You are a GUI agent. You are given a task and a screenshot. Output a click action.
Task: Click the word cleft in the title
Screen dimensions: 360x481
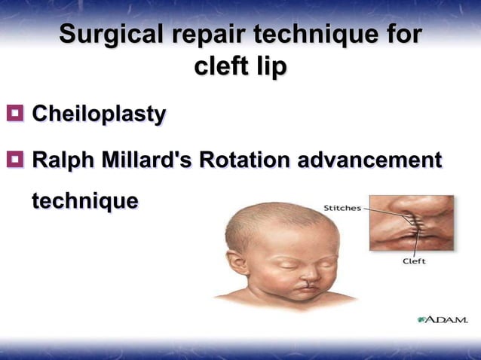pyautogui.click(x=220, y=67)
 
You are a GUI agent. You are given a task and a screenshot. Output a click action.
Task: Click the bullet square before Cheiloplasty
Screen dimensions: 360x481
pyautogui.click(x=14, y=114)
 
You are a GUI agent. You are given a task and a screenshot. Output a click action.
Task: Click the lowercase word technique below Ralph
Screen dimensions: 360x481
pyautogui.click(x=84, y=201)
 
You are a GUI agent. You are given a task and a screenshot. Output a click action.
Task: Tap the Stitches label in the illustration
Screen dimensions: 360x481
pyautogui.click(x=342, y=208)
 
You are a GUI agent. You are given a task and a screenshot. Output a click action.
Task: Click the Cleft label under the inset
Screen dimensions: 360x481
pyautogui.click(x=413, y=261)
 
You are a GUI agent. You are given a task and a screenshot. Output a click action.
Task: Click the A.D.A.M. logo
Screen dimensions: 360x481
pyautogui.click(x=443, y=319)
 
